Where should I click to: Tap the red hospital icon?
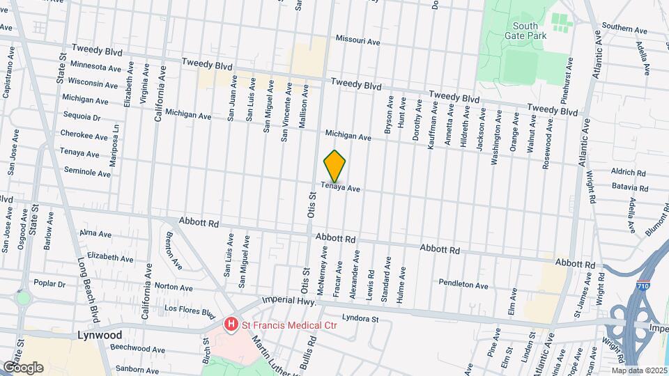[x=230, y=324]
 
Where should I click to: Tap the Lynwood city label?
[x=99, y=335]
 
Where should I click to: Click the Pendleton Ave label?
[x=463, y=284]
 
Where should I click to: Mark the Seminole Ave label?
[x=88, y=172]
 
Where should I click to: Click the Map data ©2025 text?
[x=639, y=370]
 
